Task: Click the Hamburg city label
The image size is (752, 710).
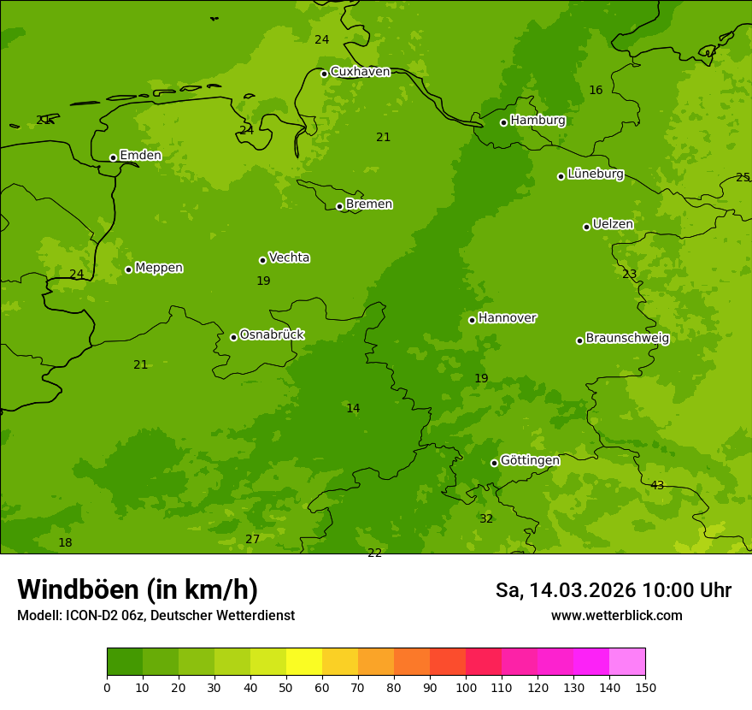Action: point(538,121)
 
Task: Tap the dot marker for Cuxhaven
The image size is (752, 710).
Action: point(324,74)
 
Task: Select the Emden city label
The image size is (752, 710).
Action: point(140,156)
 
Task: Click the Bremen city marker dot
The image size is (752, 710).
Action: point(339,206)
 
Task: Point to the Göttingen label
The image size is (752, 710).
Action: point(530,461)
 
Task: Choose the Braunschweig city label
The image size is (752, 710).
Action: point(627,339)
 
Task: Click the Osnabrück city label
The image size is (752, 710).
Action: point(272,335)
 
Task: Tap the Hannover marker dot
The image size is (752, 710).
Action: point(472,320)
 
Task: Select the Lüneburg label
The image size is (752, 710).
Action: point(596,175)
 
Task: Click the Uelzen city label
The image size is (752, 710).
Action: point(613,225)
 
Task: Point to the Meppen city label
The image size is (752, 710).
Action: point(159,269)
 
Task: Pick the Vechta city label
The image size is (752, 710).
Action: point(289,258)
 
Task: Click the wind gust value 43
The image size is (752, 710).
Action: point(657,486)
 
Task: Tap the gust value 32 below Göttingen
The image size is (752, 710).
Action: point(486,519)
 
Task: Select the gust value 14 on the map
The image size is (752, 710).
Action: point(353,409)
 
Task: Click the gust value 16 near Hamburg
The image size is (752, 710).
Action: point(596,91)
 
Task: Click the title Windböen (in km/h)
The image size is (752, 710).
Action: point(138,589)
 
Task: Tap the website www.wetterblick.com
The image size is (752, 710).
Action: point(616,616)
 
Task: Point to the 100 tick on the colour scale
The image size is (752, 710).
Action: point(466,687)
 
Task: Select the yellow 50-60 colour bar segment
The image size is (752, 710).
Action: point(304,662)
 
